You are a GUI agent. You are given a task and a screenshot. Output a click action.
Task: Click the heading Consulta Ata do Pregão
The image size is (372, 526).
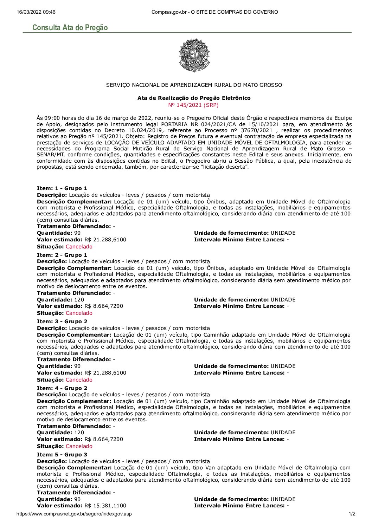[70, 27]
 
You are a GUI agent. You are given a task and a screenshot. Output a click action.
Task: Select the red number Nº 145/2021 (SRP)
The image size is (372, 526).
[194, 105]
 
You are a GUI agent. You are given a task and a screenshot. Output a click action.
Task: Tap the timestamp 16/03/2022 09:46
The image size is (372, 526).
[36, 12]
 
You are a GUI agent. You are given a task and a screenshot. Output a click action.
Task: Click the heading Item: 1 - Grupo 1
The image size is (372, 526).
[62, 188]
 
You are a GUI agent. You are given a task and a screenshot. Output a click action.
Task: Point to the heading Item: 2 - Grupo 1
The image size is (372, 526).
[62, 255]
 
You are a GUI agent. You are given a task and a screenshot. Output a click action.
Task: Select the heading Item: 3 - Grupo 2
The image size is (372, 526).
[62, 322]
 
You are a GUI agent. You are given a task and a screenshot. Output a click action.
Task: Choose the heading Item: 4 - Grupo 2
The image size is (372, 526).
[62, 388]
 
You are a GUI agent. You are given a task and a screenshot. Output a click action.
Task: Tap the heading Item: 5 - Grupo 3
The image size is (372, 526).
[62, 455]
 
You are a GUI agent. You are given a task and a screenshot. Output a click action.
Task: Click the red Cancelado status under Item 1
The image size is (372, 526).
[79, 247]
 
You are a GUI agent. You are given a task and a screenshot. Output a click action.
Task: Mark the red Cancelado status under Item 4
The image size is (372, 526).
[79, 446]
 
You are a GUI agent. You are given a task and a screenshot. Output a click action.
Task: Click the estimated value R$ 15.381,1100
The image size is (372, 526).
[105, 506]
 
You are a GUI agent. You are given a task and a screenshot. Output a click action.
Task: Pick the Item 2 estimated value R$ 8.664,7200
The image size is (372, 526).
[104, 306]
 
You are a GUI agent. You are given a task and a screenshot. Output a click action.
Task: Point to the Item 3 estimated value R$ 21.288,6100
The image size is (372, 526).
[105, 373]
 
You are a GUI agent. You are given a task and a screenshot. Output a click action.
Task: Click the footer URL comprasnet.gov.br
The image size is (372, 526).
[74, 514]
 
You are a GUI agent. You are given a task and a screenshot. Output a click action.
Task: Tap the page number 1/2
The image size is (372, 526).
[352, 514]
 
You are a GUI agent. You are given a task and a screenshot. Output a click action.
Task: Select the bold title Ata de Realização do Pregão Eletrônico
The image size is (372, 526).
[194, 98]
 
